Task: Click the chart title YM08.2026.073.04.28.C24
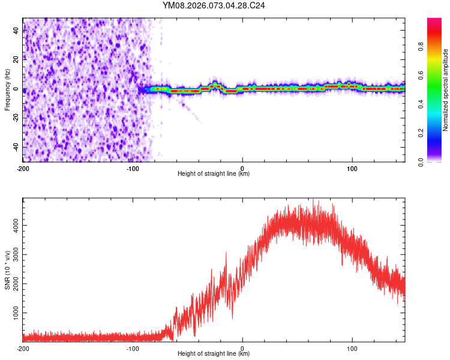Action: coord(214,5)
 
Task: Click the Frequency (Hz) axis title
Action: coord(7,90)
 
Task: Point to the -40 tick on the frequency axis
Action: coord(16,148)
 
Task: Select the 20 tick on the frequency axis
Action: coord(17,60)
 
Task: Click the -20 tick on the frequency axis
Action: coord(16,118)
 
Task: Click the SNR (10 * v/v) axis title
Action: coord(7,269)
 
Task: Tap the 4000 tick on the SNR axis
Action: coord(13,225)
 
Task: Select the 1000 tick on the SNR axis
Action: coord(13,313)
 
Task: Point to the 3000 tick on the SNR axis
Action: coord(13,254)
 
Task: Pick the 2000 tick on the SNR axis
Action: coord(13,284)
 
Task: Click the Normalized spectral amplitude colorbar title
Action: coord(445,90)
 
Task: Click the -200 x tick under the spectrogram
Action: coord(23,169)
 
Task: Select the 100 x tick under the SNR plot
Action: coord(352,348)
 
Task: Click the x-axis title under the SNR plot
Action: coord(214,355)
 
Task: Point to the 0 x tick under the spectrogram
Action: coord(242,169)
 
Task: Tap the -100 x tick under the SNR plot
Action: coord(133,348)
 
